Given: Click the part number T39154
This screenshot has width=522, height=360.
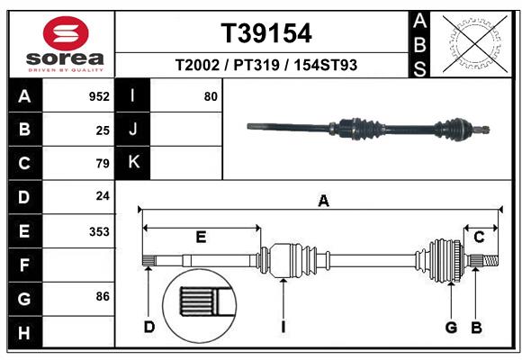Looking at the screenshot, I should pyautogui.click(x=266, y=33).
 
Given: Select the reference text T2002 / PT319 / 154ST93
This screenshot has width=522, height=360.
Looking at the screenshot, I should pyautogui.click(x=266, y=66).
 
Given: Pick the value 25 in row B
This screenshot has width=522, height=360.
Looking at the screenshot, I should pyautogui.click(x=103, y=130).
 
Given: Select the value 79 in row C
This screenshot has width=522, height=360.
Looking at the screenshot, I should pyautogui.click(x=103, y=164).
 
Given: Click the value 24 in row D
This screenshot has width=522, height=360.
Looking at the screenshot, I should pyautogui.click(x=103, y=197).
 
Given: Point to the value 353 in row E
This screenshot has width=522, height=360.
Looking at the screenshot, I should pyautogui.click(x=99, y=231).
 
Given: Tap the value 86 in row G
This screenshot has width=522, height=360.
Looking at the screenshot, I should pyautogui.click(x=103, y=296).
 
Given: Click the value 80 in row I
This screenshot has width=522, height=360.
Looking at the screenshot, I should pyautogui.click(x=211, y=96).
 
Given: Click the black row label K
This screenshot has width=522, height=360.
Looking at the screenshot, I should pyautogui.click(x=133, y=163).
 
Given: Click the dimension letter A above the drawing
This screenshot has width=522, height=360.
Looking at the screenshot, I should pyautogui.click(x=322, y=202).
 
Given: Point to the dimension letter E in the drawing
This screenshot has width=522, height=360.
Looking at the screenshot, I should pyautogui.click(x=201, y=237).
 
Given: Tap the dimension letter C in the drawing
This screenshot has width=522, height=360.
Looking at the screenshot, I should pyautogui.click(x=480, y=237).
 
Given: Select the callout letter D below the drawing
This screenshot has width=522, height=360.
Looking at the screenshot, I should pyautogui.click(x=149, y=327).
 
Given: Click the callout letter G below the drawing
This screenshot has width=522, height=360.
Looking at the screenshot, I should pyautogui.click(x=452, y=327).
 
